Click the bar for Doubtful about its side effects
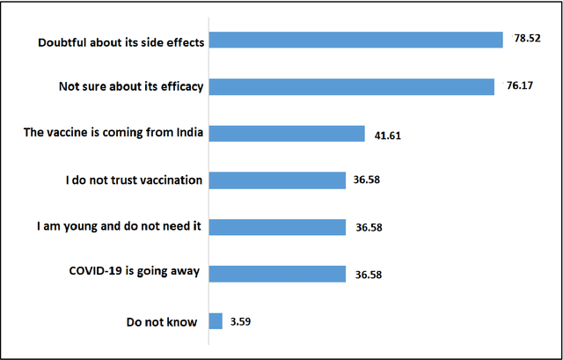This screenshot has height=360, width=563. click(x=355, y=40)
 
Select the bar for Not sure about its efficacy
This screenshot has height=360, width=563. click(x=351, y=87)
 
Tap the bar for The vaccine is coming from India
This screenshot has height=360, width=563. click(x=286, y=134)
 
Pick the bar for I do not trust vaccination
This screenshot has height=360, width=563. click(x=277, y=180)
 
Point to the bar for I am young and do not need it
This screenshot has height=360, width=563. click(x=277, y=227)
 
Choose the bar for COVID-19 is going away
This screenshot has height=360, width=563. click(x=277, y=274)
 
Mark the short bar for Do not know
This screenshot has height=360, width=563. click(x=216, y=320)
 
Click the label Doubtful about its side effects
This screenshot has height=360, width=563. click(x=121, y=40)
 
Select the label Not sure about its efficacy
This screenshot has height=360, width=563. click(x=130, y=87)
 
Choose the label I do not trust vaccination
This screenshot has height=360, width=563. click(x=134, y=180)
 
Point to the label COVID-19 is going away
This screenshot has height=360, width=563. click(x=134, y=272)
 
